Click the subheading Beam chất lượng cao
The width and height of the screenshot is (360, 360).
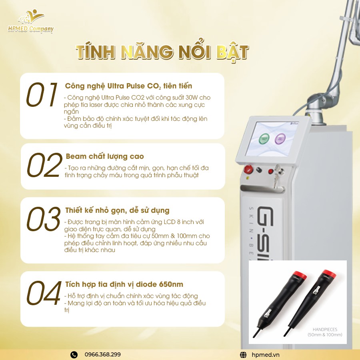105,156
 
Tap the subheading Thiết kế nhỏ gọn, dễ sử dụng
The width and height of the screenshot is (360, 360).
117,210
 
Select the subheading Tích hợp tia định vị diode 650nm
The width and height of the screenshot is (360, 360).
124,284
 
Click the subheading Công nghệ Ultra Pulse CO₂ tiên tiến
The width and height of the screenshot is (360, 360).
128,86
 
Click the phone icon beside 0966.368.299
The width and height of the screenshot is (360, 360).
74,354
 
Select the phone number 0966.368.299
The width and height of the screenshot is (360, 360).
102,354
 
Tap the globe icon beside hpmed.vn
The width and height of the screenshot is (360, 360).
243,355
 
